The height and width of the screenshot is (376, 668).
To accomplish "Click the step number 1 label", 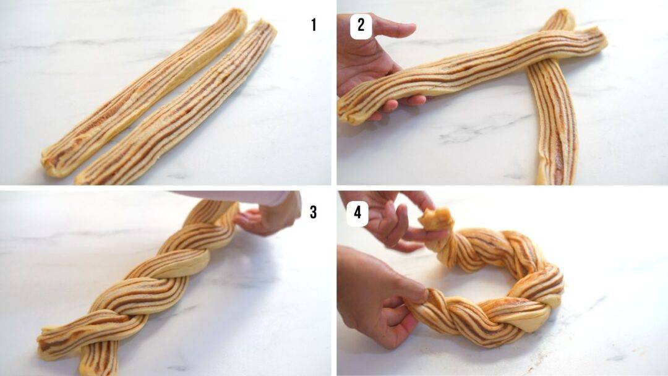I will point(314,25).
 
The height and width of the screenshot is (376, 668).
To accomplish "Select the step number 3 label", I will point(313,212).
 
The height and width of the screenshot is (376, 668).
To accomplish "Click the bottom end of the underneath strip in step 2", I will point(554,173).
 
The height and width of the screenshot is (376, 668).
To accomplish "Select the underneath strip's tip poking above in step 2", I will point(560,19).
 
